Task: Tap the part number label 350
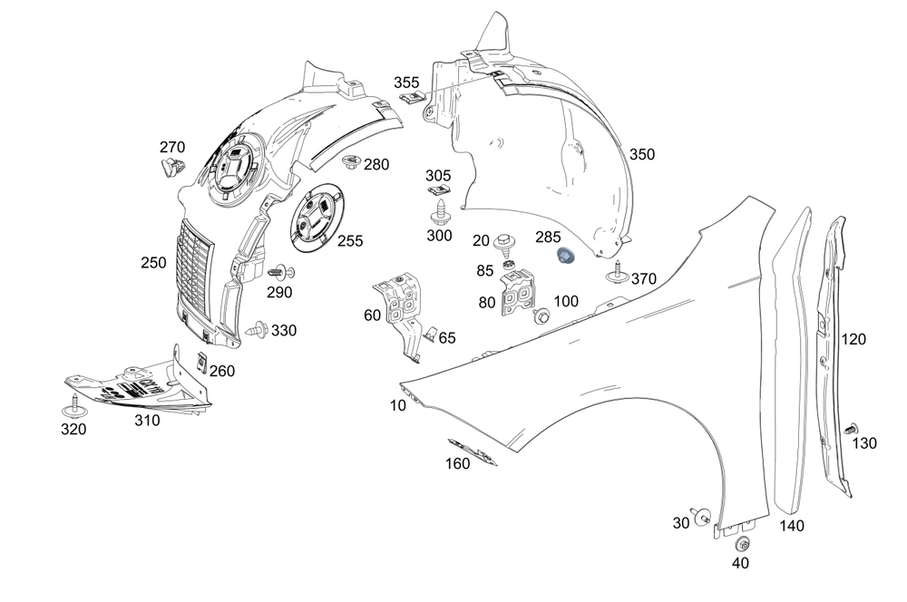641,154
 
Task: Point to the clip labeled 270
169,169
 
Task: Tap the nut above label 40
740,545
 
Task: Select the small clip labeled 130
851,427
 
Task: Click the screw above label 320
73,403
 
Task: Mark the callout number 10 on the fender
398,406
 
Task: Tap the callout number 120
853,340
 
